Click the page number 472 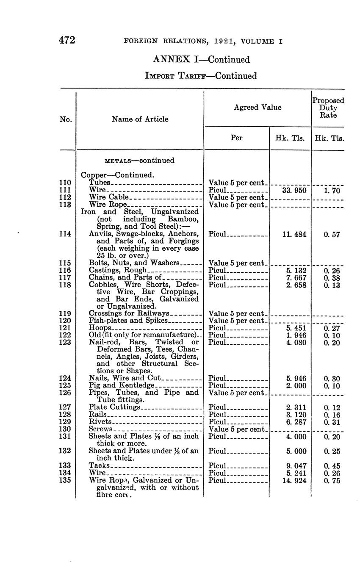pos(67,40)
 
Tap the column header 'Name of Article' pos(140,119)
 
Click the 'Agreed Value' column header pos(257,108)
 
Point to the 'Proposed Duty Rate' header pos(328,108)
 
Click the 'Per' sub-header pos(236,138)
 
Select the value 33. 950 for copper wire pos(294,191)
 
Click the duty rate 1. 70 pos(332,191)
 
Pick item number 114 pos(65,234)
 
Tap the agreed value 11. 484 pos(294,234)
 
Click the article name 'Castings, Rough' pos(118,270)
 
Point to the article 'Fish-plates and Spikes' pos(128,321)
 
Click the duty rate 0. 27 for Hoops pos(332,328)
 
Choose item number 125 pos(65,385)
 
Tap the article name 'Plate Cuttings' pos(114,407)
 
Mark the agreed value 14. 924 pos(294,481)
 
